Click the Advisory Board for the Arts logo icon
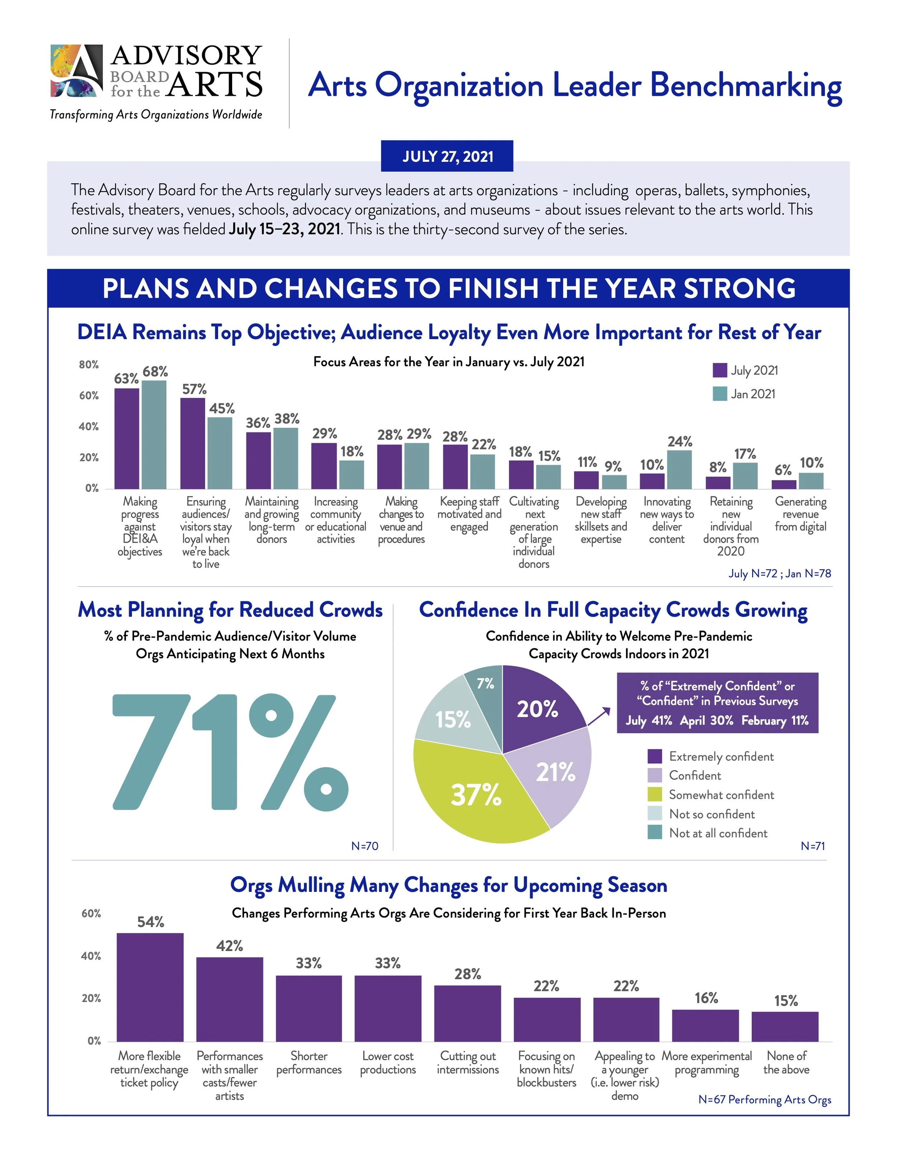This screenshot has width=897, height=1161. (76, 71)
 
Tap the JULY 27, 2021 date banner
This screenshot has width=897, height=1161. (447, 156)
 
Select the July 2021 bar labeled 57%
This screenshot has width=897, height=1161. (192, 443)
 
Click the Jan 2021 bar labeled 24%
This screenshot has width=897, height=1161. (679, 469)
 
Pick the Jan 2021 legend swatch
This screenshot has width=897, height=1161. (719, 394)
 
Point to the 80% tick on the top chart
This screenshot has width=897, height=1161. (89, 365)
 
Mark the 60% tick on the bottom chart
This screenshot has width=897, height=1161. (91, 914)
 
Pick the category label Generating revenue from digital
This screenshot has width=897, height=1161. (800, 514)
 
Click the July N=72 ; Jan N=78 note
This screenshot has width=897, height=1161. (779, 574)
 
